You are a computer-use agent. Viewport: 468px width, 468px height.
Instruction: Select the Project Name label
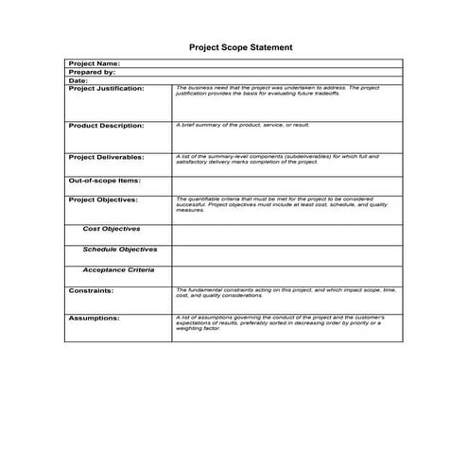click(x=94, y=63)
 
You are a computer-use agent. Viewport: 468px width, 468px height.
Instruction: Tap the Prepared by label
click(x=92, y=72)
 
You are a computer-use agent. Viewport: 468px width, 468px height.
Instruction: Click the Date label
click(x=78, y=80)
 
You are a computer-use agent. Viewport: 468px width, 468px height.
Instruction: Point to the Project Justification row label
click(x=107, y=88)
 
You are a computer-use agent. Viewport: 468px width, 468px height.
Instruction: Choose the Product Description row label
click(x=106, y=125)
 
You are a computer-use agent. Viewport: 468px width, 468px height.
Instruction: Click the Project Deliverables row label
click(x=106, y=156)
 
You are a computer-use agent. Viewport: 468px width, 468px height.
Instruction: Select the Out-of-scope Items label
click(x=104, y=180)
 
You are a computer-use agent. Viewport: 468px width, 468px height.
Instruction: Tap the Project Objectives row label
click(x=103, y=199)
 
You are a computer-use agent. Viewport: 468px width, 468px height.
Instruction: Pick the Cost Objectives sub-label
click(x=112, y=229)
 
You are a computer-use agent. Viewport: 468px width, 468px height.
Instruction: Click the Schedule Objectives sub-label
click(x=120, y=250)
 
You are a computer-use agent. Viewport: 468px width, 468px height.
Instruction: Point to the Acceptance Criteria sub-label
click(x=118, y=270)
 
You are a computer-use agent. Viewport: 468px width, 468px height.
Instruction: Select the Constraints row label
click(x=91, y=290)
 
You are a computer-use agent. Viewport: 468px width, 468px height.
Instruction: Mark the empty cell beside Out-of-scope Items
click(x=286, y=183)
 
